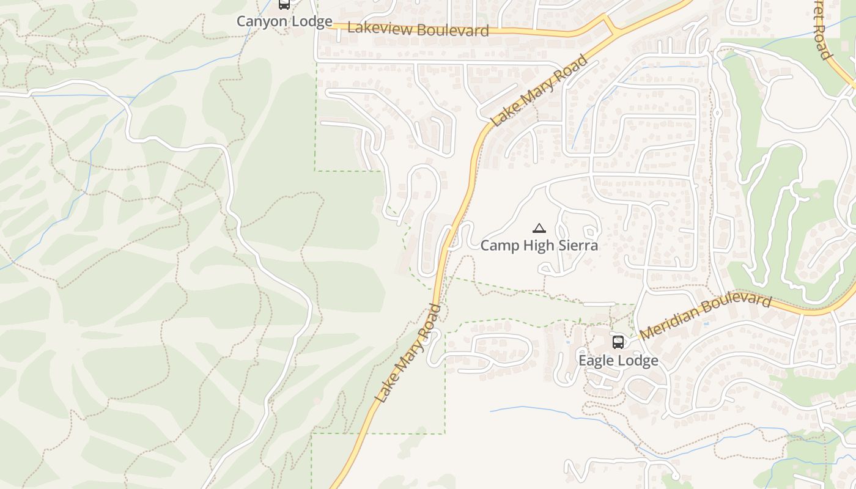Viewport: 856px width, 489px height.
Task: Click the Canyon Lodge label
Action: (284, 21)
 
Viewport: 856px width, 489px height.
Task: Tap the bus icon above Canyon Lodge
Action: (284, 4)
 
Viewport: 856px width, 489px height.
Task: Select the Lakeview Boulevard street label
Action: (418, 29)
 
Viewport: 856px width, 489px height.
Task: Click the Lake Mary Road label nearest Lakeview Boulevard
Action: (539, 90)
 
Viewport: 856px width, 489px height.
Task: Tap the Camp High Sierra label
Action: (539, 246)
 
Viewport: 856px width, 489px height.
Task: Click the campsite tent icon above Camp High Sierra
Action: (539, 229)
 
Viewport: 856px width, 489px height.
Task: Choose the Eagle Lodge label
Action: (618, 361)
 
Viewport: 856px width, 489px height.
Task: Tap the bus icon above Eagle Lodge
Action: (618, 342)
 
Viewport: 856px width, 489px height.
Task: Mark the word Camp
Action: (496, 246)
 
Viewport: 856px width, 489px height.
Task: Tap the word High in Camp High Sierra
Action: (536, 246)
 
